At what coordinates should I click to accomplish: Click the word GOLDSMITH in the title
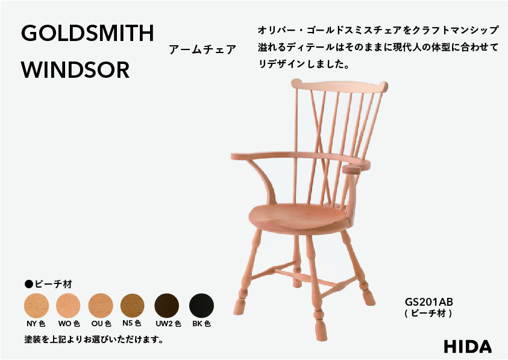pyautogui.click(x=87, y=34)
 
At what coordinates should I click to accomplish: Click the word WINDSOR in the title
pyautogui.click(x=75, y=70)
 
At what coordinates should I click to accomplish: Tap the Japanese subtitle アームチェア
pyautogui.click(x=202, y=50)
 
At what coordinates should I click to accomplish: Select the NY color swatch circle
pyautogui.click(x=36, y=306)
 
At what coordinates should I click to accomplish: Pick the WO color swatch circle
pyautogui.click(x=68, y=306)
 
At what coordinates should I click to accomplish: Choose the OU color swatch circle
pyautogui.click(x=101, y=306)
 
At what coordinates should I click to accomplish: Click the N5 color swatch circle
pyautogui.click(x=133, y=306)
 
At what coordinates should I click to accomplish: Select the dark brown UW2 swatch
pyautogui.click(x=167, y=306)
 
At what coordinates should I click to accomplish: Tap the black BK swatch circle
pyautogui.click(x=201, y=306)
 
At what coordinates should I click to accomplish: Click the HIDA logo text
pyautogui.click(x=468, y=346)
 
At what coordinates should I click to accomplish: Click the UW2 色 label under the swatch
pyautogui.click(x=168, y=324)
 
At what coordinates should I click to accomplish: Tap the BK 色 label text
pyautogui.click(x=201, y=324)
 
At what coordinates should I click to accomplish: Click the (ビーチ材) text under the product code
pyautogui.click(x=428, y=314)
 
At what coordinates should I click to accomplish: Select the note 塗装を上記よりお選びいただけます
pyautogui.click(x=94, y=339)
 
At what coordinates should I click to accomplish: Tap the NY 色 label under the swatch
pyautogui.click(x=36, y=324)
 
